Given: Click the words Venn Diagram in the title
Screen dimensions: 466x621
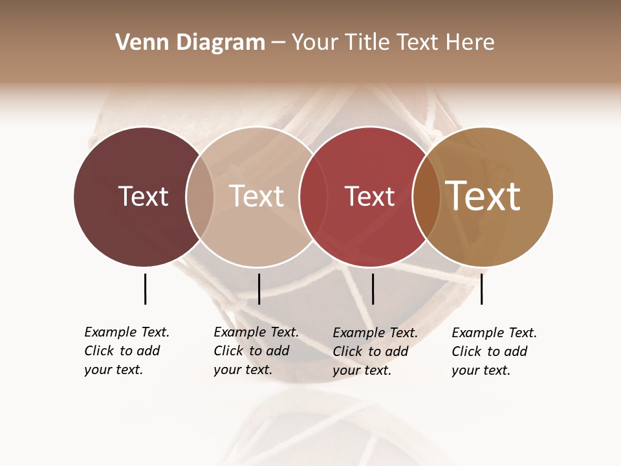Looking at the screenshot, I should pos(190,43).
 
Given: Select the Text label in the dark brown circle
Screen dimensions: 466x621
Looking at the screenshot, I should pos(143,196).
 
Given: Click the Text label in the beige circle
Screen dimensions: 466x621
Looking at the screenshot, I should pos(256,196).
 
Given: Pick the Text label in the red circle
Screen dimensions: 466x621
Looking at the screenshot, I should pos(369,197).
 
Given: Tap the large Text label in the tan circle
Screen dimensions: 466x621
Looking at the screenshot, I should pos(483,196).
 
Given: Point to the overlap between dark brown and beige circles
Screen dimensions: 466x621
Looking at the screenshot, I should pos(200,196).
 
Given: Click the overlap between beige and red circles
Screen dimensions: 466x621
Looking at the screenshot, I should pos(312,196).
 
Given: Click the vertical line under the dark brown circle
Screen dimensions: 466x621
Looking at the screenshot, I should pos(145,289).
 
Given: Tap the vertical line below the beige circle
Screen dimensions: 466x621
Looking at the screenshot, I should pos(259,289).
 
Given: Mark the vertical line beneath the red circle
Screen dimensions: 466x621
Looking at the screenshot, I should pos(373,289).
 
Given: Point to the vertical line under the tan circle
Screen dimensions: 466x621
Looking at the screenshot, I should pos(481,289).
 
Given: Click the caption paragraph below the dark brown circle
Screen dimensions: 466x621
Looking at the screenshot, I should pos(126,351).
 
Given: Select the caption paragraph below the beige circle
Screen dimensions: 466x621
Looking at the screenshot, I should pos(256,351).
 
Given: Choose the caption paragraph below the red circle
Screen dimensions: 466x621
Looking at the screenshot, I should pos(375,351).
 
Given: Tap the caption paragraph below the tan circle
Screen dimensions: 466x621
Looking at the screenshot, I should pos(494,351).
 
